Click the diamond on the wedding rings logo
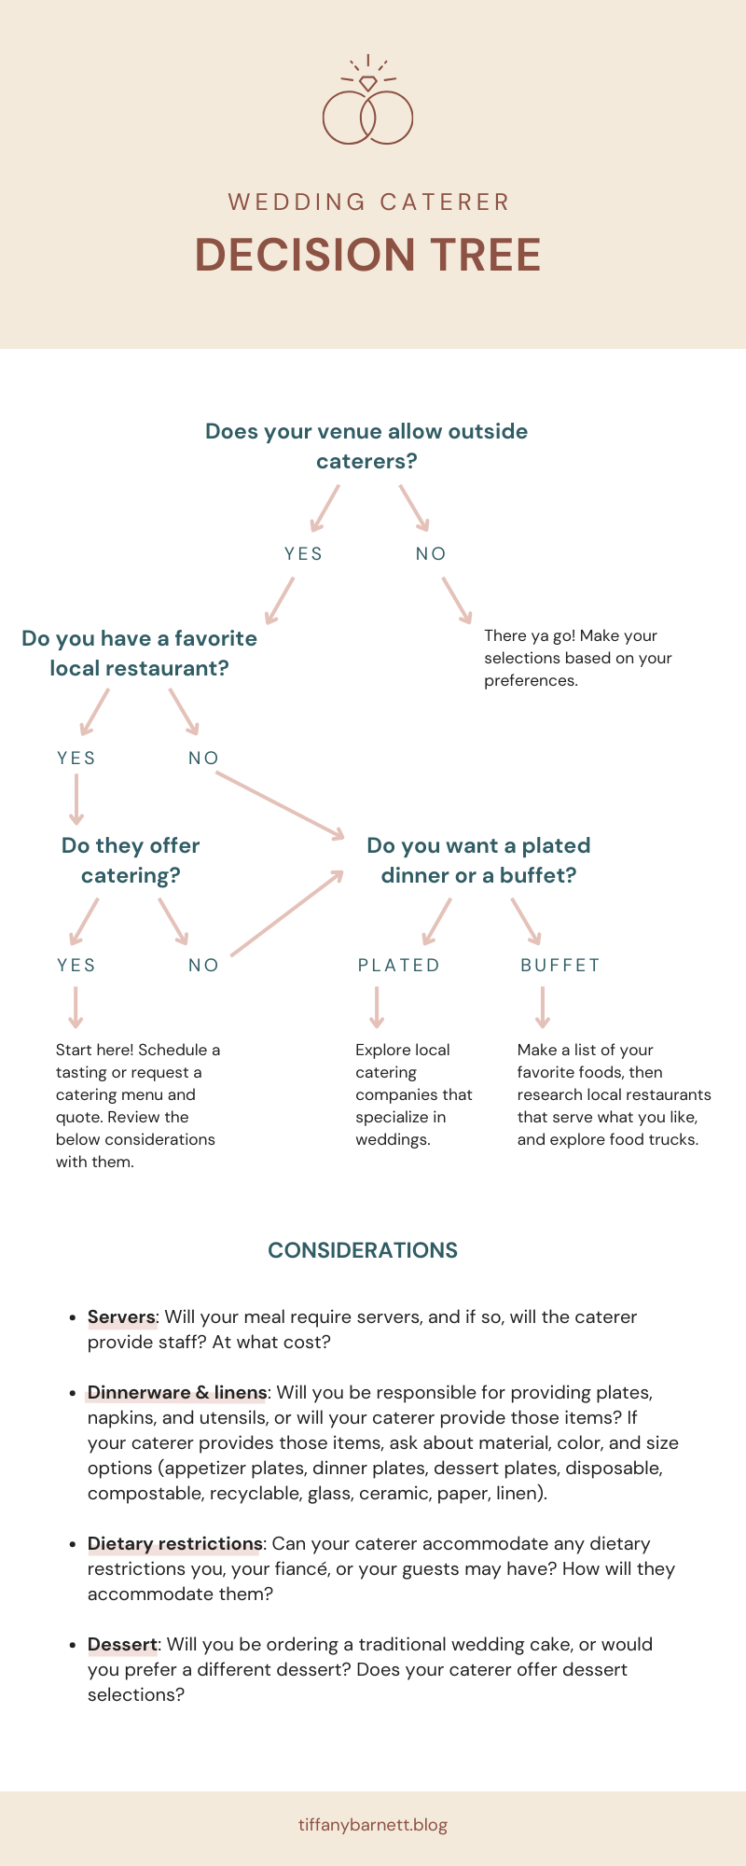[368, 83]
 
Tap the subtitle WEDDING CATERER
[368, 202]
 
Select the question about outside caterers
[366, 446]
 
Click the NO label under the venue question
[431, 553]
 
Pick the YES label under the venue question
[304, 553]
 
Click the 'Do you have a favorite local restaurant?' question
[139, 653]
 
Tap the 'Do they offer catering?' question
[131, 860]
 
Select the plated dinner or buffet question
[478, 860]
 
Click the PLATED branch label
[399, 965]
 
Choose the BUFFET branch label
[560, 965]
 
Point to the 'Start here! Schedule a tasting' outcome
[137, 1106]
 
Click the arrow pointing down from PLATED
[377, 1008]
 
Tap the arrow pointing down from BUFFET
[543, 1008]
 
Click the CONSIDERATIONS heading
[363, 1250]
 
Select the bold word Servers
[121, 1316]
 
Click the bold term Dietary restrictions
[174, 1543]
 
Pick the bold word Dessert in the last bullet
[122, 1644]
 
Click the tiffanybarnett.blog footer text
[373, 1824]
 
